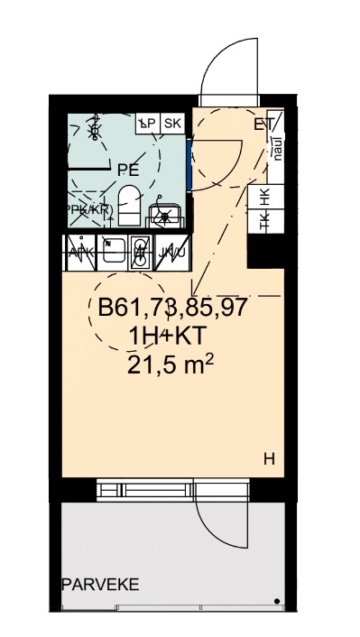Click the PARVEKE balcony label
click(x=100, y=585)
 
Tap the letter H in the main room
click(x=268, y=459)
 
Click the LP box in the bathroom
click(x=147, y=123)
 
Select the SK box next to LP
click(x=173, y=123)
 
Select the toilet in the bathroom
click(x=129, y=204)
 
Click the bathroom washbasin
click(x=165, y=216)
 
